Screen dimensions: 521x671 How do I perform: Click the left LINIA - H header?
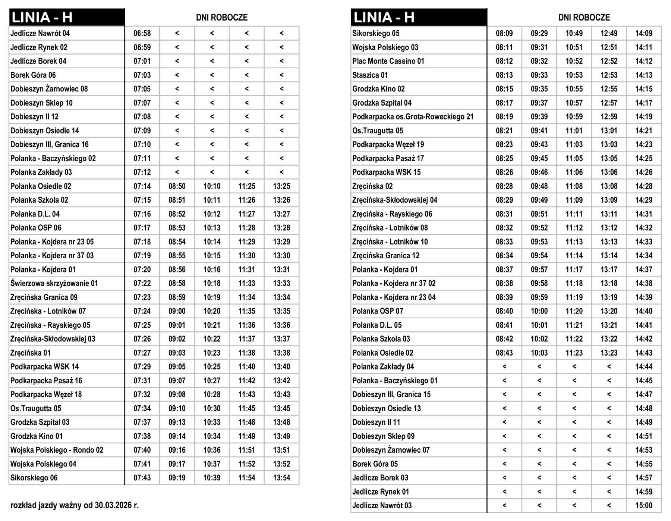coord(42,18)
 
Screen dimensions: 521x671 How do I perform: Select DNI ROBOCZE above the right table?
coord(584,18)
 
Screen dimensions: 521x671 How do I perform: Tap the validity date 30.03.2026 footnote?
coord(75,505)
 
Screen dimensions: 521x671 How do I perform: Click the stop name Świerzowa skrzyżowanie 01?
coord(54,283)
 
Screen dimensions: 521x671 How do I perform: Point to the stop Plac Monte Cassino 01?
coord(388,61)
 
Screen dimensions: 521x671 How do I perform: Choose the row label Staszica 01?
coord(370,75)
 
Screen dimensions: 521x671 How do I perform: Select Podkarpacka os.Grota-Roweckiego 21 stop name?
coord(413,117)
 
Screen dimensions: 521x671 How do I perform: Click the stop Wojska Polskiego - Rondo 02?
coord(57,450)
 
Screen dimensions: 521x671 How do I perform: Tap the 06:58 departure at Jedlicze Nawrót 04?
coord(142,34)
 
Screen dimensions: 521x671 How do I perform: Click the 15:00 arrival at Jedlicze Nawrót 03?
coord(644,506)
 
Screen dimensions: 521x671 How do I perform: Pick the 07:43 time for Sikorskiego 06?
coord(142,478)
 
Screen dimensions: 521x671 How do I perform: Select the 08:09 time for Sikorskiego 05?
coord(504,34)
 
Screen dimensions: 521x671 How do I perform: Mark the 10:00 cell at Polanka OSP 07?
coord(539,311)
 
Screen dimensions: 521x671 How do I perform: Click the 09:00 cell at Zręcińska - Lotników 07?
coord(177,311)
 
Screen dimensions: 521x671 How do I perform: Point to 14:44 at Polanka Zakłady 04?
coord(644,367)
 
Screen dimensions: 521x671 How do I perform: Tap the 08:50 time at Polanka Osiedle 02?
coord(177,186)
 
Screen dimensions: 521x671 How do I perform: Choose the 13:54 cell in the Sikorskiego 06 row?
coord(281,478)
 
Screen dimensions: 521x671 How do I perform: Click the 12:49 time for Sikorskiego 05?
coord(609,34)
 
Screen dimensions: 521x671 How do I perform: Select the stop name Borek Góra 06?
coord(33,75)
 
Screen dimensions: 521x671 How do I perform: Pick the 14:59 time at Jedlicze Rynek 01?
coord(644,492)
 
